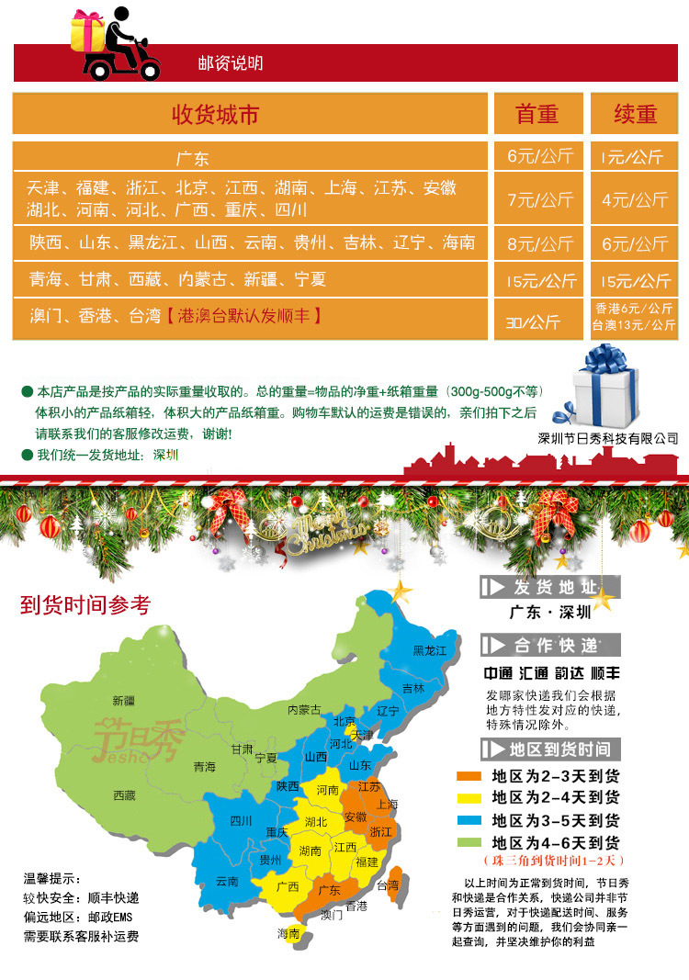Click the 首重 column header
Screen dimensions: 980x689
pos(537,114)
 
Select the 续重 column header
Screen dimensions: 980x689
pos(636,114)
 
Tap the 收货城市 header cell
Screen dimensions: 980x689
pos(215,114)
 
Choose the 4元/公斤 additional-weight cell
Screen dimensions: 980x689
pos(635,199)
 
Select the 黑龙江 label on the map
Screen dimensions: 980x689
pos(429,650)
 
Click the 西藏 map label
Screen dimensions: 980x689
pos(124,794)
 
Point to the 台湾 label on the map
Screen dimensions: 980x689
pos(390,885)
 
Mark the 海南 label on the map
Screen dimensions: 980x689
pos(288,933)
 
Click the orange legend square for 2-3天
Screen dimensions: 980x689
pos(469,775)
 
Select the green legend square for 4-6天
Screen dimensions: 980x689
pos(469,842)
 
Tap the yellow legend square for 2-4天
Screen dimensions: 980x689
pos(469,797)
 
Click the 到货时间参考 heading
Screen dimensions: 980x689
pos(85,605)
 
